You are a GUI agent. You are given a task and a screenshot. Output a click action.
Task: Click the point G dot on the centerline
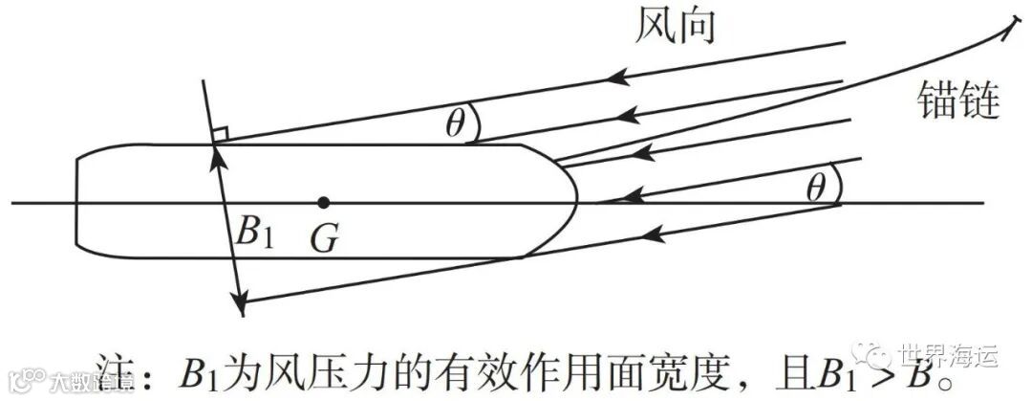tap(324, 202)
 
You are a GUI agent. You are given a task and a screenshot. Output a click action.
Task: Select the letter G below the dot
tap(324, 238)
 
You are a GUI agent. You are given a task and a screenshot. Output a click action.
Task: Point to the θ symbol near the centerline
tap(814, 189)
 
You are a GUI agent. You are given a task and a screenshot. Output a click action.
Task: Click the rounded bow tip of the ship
tap(575, 202)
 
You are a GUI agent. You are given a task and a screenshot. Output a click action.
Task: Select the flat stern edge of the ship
tap(76, 202)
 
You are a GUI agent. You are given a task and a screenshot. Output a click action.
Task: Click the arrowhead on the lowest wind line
tap(655, 231)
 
